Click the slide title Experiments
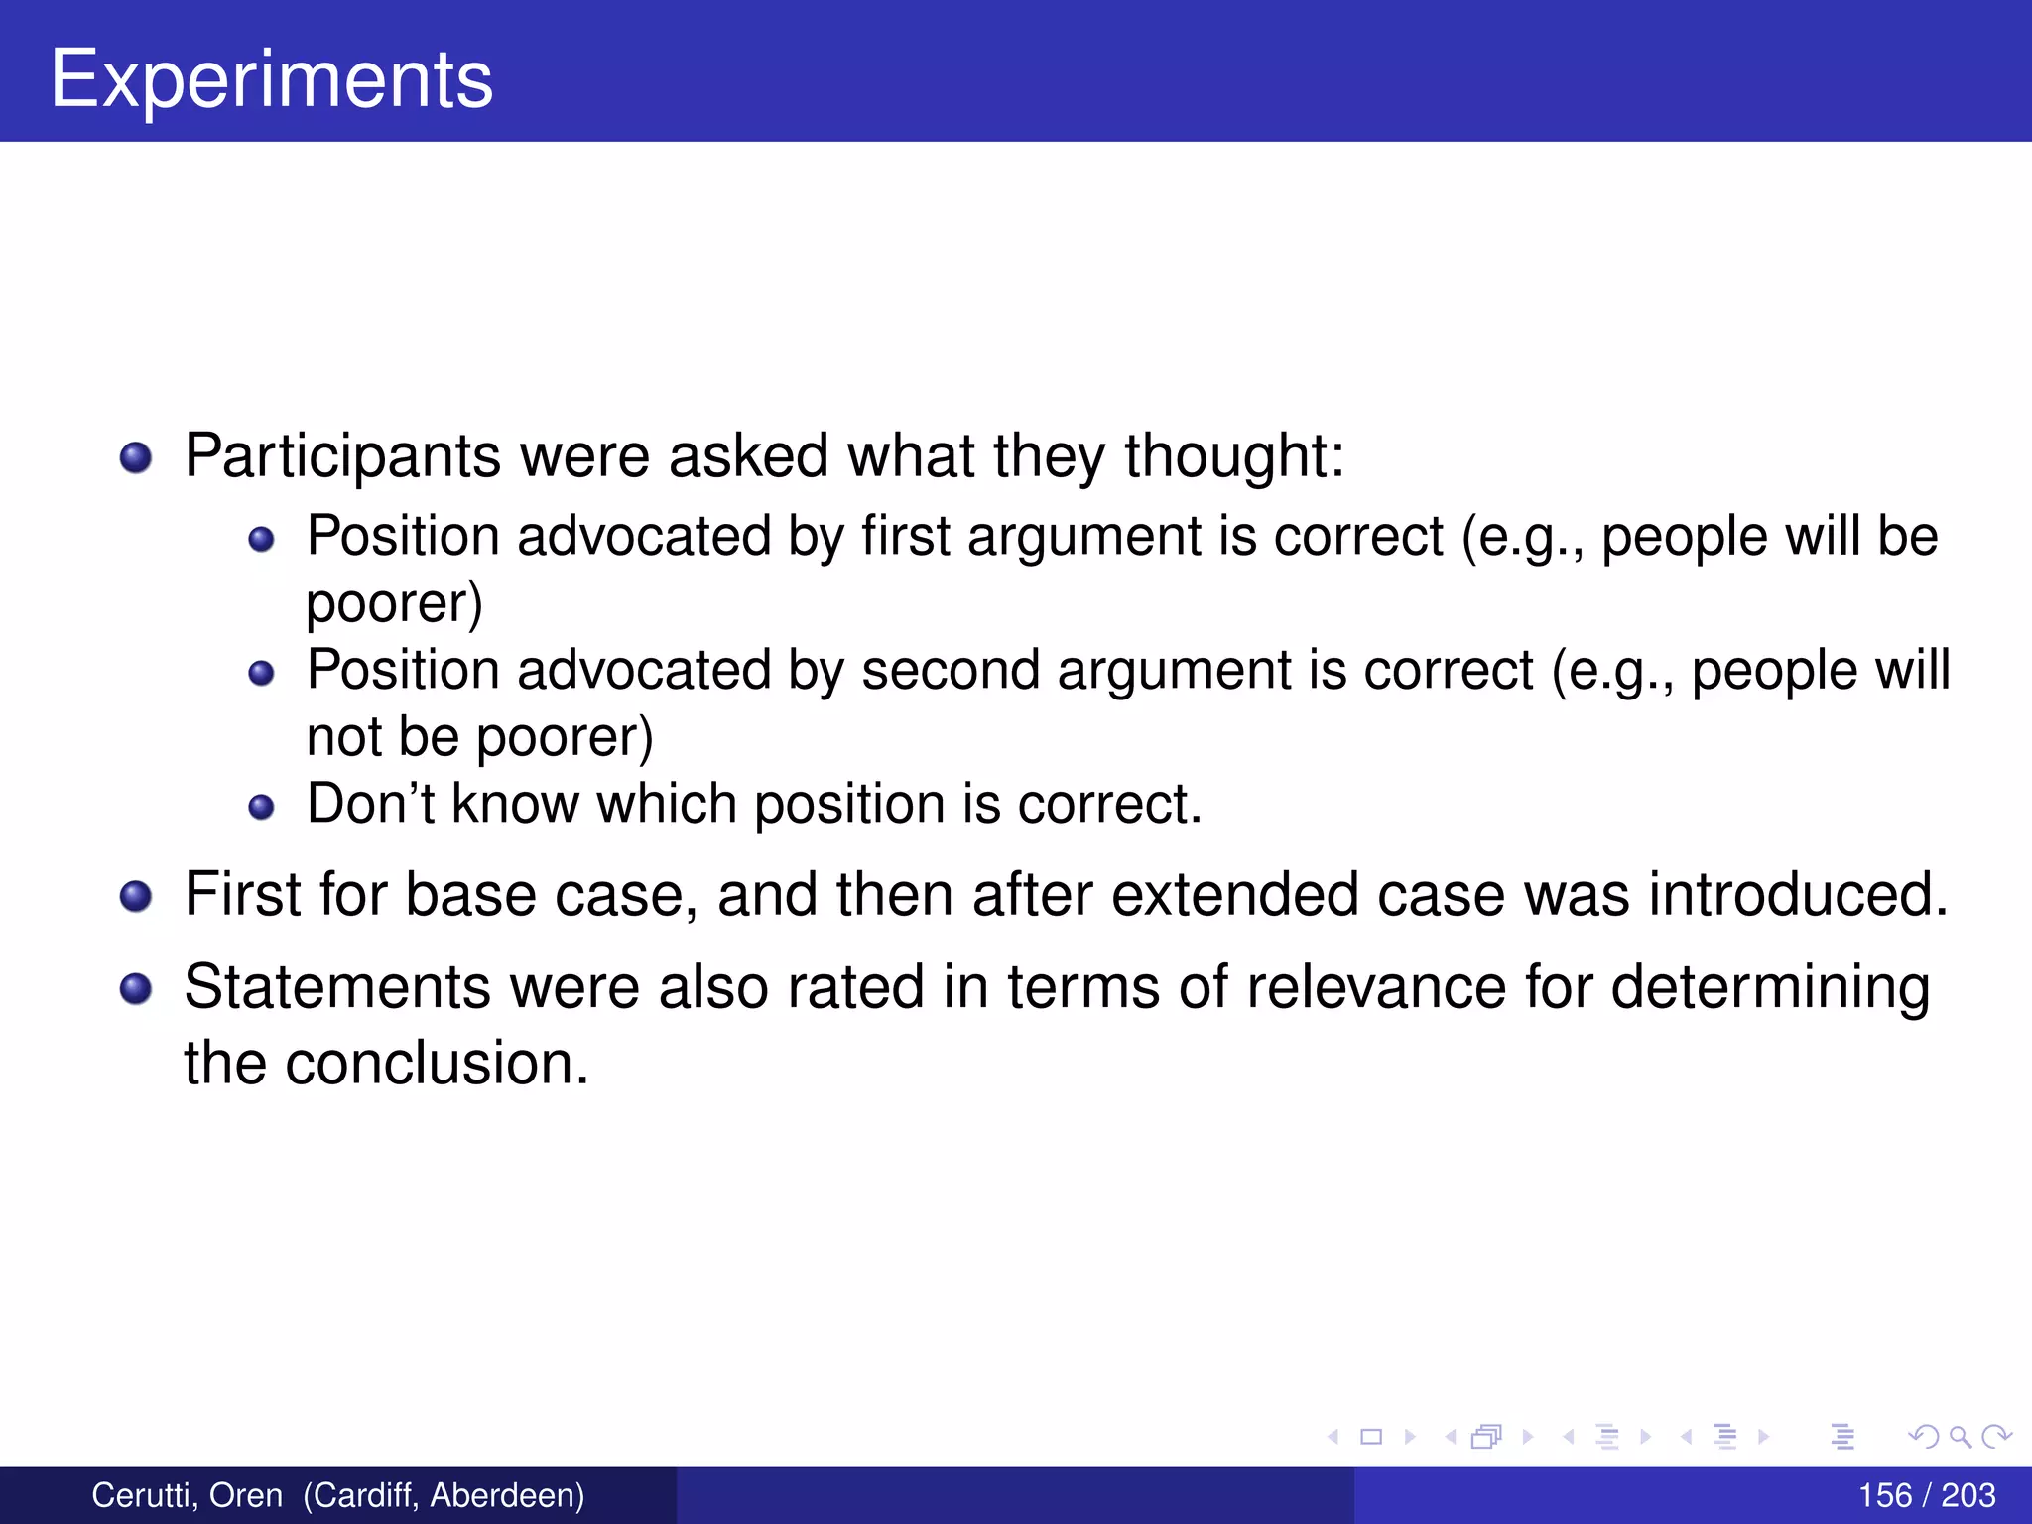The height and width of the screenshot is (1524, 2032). click(x=271, y=79)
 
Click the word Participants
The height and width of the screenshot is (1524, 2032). click(x=342, y=456)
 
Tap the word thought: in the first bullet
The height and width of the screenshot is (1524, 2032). click(x=1233, y=456)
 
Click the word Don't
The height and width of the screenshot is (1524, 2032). click(x=370, y=803)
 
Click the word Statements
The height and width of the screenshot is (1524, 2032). click(x=337, y=987)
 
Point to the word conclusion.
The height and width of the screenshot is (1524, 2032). click(x=437, y=1063)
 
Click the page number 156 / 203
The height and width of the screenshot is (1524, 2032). click(x=1926, y=1495)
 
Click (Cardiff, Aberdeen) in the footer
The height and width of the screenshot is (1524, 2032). click(x=444, y=1495)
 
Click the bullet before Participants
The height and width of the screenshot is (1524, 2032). click(x=136, y=458)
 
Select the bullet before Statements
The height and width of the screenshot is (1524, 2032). click(x=136, y=989)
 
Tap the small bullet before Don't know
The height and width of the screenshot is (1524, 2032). click(x=261, y=807)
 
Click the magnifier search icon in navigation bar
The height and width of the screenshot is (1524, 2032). click(x=1959, y=1436)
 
